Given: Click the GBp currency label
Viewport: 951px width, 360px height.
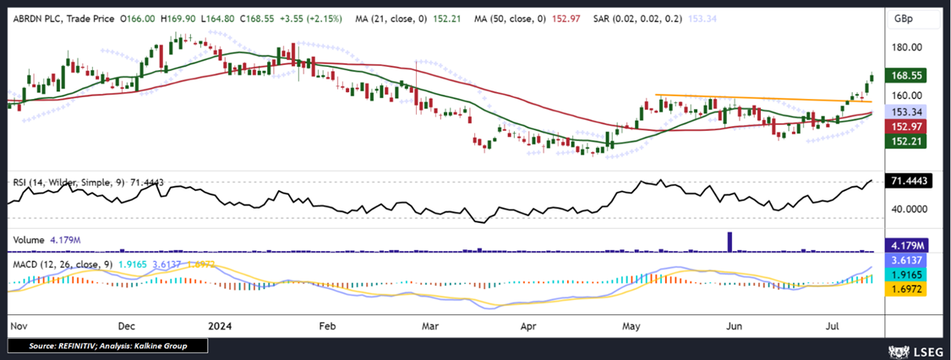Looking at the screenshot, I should pyautogui.click(x=905, y=18).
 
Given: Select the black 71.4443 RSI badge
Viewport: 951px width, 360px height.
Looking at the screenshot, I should pyautogui.click(x=908, y=182).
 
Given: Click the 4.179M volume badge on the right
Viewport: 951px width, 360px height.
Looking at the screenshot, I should pyautogui.click(x=906, y=245).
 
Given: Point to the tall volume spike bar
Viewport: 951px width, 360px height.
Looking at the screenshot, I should pyautogui.click(x=730, y=241).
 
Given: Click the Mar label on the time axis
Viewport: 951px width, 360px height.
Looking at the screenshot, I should pyautogui.click(x=429, y=325).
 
